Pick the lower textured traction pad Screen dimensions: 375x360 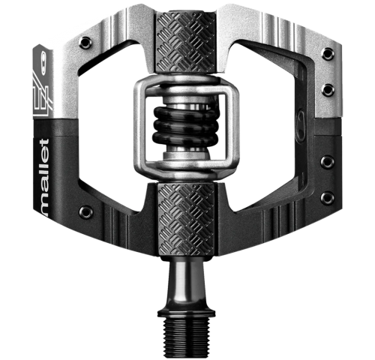click(186, 220)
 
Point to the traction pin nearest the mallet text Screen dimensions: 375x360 click(86, 212)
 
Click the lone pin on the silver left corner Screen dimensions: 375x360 click(85, 43)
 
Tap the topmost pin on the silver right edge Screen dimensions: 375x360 click(328, 54)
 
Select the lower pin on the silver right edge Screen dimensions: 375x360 click(328, 90)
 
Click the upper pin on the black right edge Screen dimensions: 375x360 click(327, 162)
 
